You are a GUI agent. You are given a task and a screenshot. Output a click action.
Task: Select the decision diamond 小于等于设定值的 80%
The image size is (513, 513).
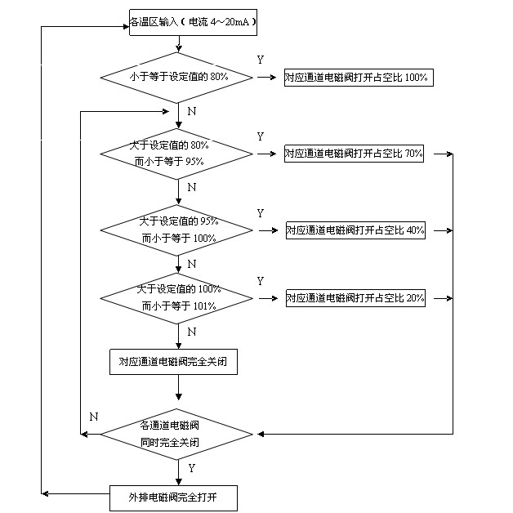177,78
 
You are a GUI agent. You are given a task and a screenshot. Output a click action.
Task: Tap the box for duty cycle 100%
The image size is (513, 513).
357,78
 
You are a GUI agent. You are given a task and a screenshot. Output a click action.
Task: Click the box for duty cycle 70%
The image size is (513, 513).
354,154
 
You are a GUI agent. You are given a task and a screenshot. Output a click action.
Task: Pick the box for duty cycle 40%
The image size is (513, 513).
355,230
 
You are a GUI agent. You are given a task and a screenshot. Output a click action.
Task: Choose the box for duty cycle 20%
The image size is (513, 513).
355,298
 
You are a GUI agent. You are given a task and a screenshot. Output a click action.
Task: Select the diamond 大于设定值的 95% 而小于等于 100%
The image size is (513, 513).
177,230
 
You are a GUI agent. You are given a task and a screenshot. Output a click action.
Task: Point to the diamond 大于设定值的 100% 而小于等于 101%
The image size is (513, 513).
177,298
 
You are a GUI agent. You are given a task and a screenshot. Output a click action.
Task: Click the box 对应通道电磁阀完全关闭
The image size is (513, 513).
173,360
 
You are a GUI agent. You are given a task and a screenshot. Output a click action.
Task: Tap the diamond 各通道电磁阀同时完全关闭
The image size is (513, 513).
177,434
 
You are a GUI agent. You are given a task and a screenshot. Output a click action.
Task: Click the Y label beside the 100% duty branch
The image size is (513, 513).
260,60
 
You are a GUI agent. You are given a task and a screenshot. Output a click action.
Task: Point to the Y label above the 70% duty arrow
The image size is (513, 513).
260,136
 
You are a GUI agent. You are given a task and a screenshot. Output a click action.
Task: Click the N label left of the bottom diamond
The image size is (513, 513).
93,417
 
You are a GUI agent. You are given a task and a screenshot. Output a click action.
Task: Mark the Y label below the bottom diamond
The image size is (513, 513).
191,469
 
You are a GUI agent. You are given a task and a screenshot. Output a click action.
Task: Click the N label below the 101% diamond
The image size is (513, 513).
191,332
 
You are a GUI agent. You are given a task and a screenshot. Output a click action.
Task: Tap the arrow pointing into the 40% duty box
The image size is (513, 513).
270,230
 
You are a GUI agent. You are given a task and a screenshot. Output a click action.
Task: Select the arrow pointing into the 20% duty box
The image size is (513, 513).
270,298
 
